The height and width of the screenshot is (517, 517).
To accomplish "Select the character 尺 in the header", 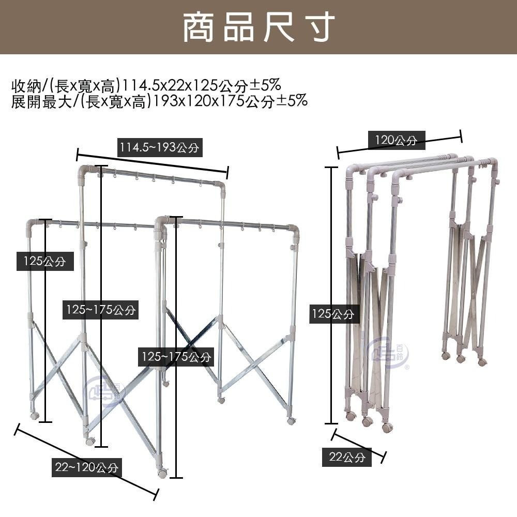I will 278,27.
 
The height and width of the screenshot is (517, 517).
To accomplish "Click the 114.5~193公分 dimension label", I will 159,148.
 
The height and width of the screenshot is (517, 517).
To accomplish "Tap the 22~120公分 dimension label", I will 86,468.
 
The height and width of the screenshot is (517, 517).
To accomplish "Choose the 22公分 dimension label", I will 347,458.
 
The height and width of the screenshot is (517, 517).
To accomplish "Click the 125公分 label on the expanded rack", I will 44,261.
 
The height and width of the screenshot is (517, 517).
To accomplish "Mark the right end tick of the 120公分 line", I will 461,138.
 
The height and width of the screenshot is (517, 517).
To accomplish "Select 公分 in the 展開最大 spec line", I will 260,101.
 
